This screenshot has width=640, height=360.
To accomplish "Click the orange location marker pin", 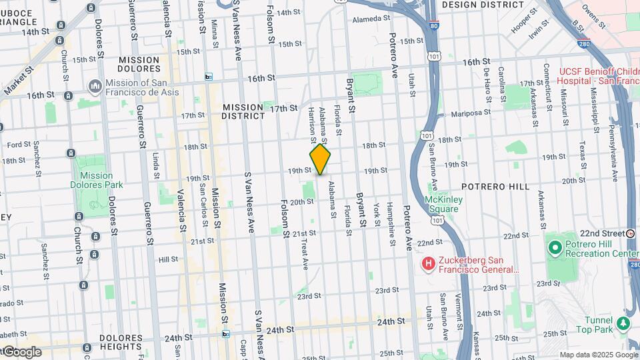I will point(321,160).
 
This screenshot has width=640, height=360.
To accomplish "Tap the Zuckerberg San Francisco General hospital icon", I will point(429,265).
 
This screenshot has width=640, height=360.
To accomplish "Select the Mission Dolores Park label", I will point(92,180).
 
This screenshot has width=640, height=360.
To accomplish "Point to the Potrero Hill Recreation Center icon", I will point(554,248).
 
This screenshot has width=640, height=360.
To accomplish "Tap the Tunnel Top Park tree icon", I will point(623,323).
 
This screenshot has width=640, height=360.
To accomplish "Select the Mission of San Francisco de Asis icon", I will point(95,86).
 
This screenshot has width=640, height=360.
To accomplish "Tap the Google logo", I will point(21,352).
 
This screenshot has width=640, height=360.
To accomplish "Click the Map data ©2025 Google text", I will point(597,355).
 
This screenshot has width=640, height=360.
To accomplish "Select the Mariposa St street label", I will point(470,114).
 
